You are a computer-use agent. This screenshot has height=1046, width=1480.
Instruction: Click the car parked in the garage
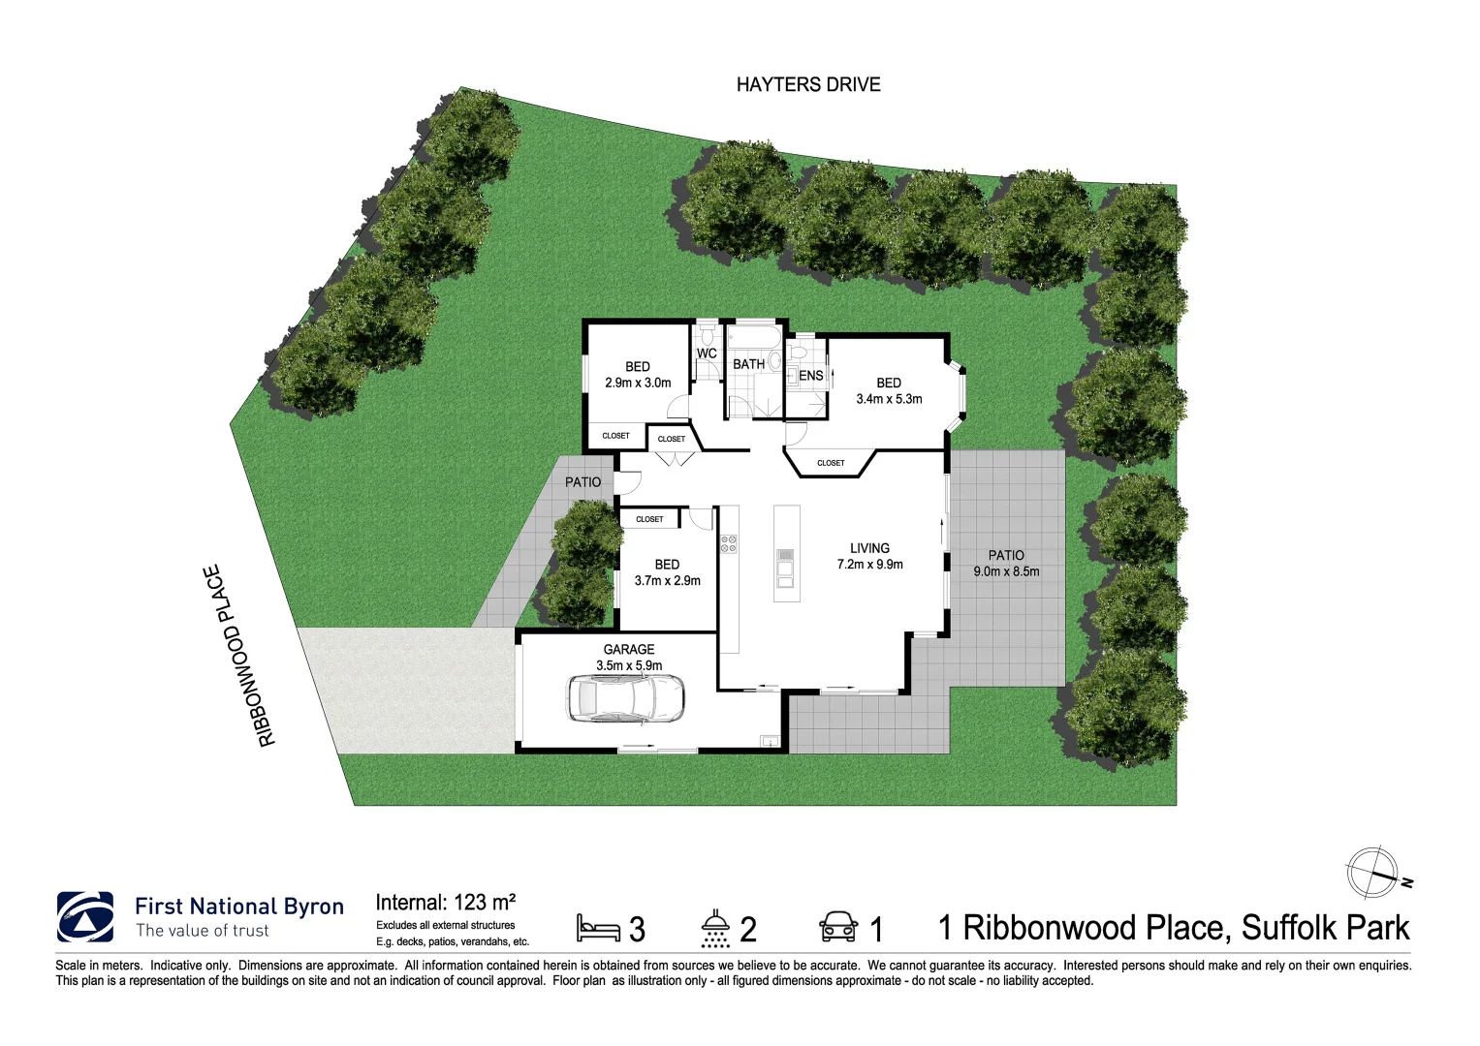point(625,697)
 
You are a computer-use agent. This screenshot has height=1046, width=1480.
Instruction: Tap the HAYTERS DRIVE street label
point(808,85)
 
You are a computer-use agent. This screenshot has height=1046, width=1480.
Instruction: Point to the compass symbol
point(1373,873)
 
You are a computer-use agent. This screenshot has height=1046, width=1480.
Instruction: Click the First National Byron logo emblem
point(85,917)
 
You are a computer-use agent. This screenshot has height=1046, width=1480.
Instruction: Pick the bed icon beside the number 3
point(598,928)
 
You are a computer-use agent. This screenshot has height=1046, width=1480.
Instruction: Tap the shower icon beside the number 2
point(715,928)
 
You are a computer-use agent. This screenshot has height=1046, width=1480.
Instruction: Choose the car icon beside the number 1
point(838,927)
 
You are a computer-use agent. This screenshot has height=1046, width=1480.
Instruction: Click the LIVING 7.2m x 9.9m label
point(869,556)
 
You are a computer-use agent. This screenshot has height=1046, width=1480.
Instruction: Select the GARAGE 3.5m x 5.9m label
point(629,658)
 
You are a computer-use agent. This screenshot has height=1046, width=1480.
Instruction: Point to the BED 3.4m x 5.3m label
point(889,390)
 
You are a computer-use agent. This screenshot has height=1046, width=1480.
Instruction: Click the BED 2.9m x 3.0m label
point(638,375)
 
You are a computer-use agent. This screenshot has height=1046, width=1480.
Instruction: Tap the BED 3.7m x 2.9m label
point(667,572)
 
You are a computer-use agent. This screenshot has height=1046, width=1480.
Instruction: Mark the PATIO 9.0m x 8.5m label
point(1006,563)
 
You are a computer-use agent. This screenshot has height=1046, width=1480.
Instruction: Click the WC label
point(707,354)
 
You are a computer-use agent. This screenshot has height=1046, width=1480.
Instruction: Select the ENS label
point(811,376)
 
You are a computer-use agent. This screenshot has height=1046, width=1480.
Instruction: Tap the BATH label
point(748,364)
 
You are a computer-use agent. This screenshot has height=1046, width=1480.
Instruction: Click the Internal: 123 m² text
point(445,903)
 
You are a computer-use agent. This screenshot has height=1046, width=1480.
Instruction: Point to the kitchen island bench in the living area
point(786,553)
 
